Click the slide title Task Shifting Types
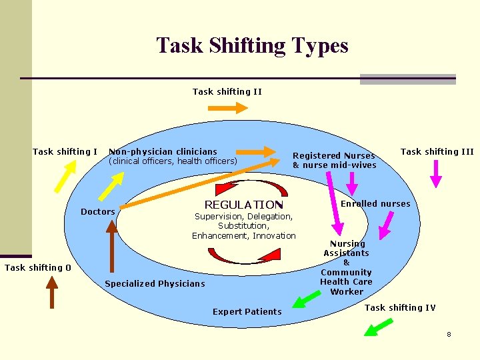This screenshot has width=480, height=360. point(252,45)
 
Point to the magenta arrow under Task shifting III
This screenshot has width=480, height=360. point(435,172)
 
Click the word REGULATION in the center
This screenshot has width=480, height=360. point(243,205)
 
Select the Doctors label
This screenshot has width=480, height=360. point(97,212)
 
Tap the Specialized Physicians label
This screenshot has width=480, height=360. point(155,284)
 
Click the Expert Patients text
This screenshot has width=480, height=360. point(247,312)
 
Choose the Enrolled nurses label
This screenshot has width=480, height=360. point(375,203)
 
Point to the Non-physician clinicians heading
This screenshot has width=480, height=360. point(163,152)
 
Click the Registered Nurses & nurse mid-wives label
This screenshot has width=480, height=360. point(334,161)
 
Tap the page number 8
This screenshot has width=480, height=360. point(449,334)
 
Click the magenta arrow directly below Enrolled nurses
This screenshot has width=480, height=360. point(385,225)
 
